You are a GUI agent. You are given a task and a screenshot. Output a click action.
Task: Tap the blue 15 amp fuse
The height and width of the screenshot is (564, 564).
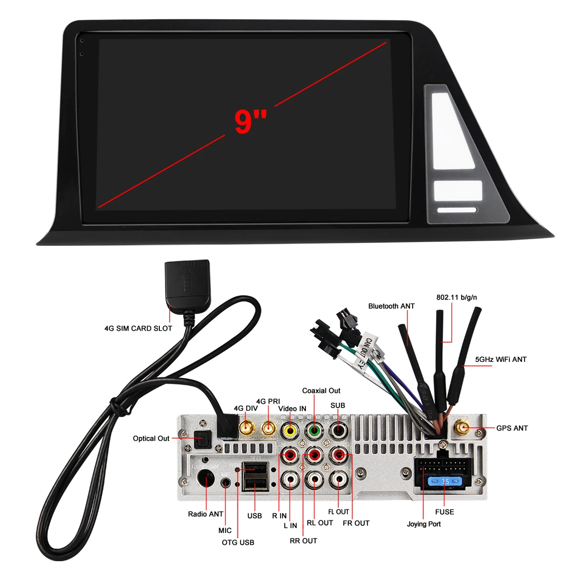pyautogui.click(x=445, y=481)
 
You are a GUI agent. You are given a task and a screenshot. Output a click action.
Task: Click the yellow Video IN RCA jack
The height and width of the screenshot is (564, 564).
pyautogui.click(x=290, y=431)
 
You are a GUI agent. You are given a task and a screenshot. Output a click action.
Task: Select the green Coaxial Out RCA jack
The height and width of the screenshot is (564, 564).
pyautogui.click(x=314, y=431)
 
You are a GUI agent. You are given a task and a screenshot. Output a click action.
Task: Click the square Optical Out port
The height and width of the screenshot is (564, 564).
pyautogui.click(x=203, y=439)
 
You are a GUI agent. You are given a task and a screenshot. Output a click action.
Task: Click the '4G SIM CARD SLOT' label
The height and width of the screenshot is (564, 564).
pyautogui.click(x=138, y=329)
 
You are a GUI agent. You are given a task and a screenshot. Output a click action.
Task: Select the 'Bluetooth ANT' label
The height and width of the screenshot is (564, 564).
pyautogui.click(x=392, y=306)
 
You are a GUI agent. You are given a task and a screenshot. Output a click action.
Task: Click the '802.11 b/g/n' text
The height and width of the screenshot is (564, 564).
pyautogui.click(x=456, y=298)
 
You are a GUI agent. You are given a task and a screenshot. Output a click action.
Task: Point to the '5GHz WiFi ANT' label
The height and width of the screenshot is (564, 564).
pyautogui.click(x=501, y=360)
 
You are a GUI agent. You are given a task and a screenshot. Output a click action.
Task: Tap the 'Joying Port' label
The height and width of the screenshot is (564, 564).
pyautogui.click(x=424, y=524)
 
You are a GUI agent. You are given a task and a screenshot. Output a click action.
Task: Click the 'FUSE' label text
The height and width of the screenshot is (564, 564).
pyautogui.click(x=445, y=512)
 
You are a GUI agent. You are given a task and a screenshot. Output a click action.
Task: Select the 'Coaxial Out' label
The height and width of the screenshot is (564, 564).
pyautogui.click(x=321, y=391)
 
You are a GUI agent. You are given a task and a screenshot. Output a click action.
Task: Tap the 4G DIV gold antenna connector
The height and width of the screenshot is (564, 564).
pyautogui.click(x=247, y=428)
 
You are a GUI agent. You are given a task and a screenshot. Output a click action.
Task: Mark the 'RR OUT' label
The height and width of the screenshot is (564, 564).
pyautogui.click(x=304, y=541)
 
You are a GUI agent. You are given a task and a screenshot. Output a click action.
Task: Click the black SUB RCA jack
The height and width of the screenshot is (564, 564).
pyautogui.click(x=338, y=431)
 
